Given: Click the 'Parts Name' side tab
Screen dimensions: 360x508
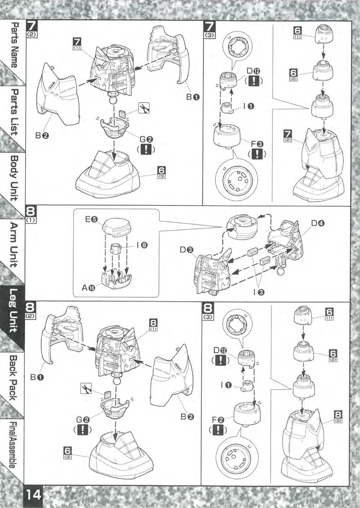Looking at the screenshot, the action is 14,45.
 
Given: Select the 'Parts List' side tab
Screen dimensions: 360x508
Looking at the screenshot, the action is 14,112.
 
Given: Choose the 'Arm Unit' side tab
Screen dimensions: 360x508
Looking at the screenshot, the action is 14,245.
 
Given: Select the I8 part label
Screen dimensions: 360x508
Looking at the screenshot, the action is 142,245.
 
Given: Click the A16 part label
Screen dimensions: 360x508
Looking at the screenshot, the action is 88,288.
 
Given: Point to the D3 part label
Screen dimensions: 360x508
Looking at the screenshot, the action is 186,250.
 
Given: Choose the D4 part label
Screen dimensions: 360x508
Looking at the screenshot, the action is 318,224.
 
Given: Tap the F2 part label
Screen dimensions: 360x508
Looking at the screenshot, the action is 218,420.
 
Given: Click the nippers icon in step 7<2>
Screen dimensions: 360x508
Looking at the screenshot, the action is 144,108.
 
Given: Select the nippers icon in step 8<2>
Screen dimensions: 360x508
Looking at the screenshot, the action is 86,388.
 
